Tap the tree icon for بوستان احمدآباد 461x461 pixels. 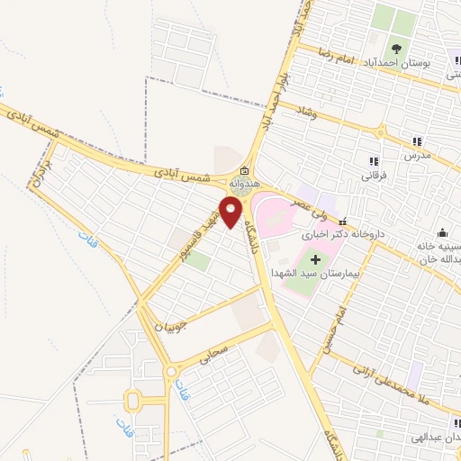[x=395, y=49]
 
